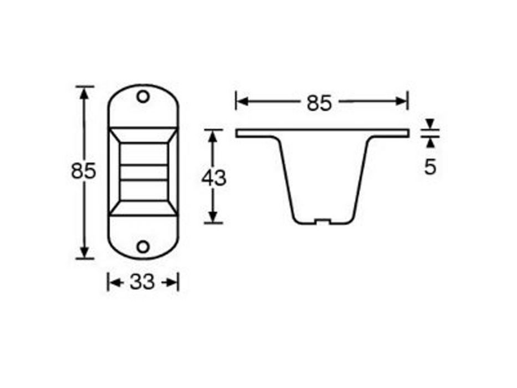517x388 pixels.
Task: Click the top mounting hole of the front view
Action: pos(143,97)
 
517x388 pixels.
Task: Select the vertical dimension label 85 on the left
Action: pos(84,171)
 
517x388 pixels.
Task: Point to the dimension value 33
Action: pos(142,283)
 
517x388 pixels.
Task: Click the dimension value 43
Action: pos(213,178)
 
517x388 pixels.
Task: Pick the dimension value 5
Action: pos(430,167)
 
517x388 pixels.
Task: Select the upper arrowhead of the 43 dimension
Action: pos(213,135)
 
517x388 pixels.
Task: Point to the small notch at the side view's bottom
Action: pos(321,222)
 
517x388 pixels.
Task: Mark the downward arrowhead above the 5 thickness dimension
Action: pos(430,124)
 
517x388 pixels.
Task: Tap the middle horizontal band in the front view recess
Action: pos(143,172)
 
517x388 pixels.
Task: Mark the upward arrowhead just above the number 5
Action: pos(430,142)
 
